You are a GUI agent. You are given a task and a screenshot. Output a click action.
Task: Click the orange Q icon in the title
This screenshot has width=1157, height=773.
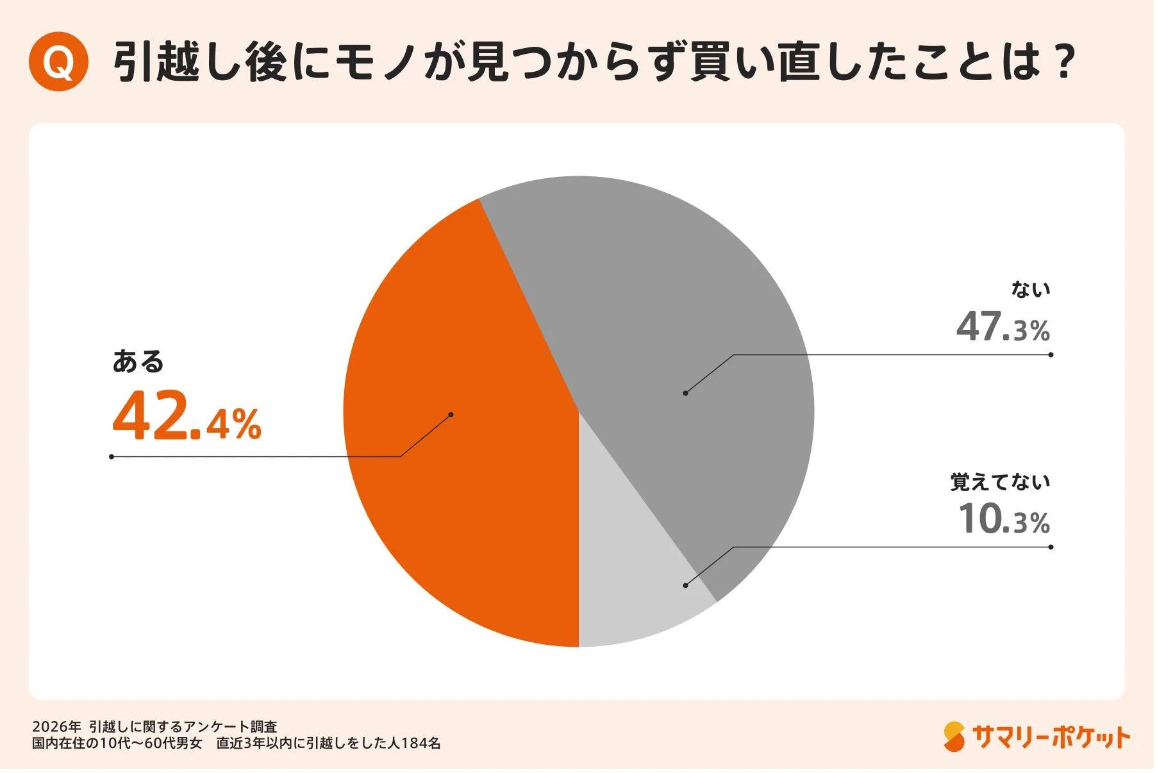click(58, 62)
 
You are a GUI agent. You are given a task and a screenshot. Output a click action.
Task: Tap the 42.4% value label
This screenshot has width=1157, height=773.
click(187, 417)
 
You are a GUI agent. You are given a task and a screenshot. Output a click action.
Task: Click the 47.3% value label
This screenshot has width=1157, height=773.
click(1003, 327)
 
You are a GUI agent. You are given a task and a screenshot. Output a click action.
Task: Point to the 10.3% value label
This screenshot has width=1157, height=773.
click(1004, 519)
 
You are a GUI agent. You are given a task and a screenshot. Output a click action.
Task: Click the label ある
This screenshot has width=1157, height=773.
click(138, 362)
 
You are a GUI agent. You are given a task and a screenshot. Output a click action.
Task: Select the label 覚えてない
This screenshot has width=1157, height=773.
click(1000, 482)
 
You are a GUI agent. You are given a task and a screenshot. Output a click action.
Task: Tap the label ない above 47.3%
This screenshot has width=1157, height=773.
click(1031, 290)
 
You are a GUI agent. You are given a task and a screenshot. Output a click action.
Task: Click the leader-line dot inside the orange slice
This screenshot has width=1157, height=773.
click(451, 415)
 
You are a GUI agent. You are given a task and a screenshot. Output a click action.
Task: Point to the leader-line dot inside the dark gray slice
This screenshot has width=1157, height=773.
click(685, 393)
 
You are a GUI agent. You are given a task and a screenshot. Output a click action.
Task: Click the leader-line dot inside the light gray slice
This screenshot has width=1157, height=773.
click(685, 585)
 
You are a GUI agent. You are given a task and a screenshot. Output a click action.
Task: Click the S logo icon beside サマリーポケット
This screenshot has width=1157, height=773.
click(954, 736)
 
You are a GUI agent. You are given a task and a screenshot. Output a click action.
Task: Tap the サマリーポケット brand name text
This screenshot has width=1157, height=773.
click(1051, 737)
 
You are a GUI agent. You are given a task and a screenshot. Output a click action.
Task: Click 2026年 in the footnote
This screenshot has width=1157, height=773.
click(56, 727)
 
